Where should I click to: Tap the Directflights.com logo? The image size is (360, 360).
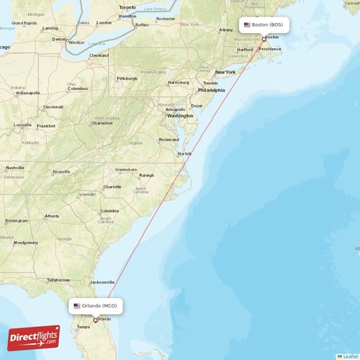point(34,338)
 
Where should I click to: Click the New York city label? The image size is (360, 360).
point(225,72)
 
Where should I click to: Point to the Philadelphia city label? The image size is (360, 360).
point(211,91)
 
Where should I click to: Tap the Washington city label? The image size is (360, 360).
point(180,115)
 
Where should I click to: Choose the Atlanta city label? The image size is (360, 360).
point(52,216)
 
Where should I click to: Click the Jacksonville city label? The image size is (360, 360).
point(102,282)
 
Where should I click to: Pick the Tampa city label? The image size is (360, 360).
point(84,327)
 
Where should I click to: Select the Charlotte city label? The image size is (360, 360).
point(112,186)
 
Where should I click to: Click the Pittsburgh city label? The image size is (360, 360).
point(127,78)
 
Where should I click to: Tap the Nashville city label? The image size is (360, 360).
point(15,168)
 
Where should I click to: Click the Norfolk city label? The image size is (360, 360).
point(186,153)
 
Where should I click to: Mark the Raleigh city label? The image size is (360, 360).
point(147,175)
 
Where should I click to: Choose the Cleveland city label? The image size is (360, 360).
point(99,55)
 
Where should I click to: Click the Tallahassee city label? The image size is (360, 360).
point(58,279)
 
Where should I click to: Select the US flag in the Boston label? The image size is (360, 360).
point(247,24)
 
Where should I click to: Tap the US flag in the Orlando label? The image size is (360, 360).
point(77,306)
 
